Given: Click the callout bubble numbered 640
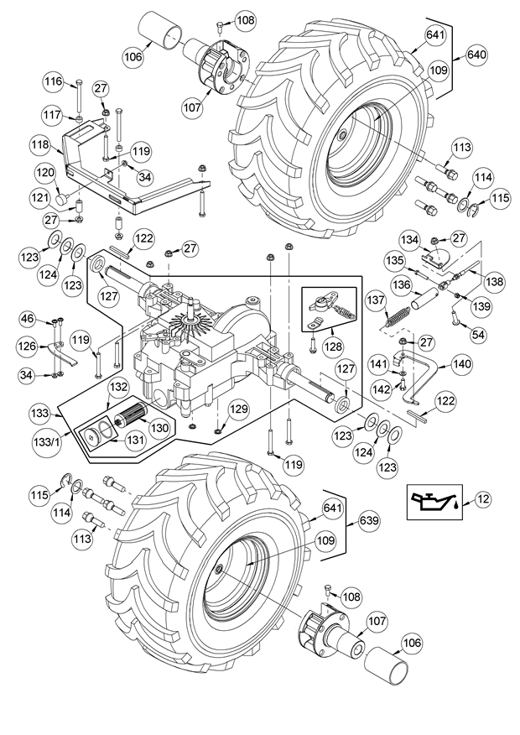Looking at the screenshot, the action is [x=476, y=55].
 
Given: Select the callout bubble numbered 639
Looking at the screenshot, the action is [x=369, y=521].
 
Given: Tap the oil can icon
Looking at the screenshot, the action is [x=434, y=502].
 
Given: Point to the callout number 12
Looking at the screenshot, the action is [x=483, y=499].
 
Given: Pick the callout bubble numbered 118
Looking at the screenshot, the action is [x=41, y=145].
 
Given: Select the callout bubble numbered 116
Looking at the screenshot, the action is [x=54, y=81].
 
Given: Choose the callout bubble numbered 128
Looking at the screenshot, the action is [x=333, y=347].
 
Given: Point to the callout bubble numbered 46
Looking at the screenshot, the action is [x=29, y=321].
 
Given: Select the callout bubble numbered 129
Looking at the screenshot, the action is [x=240, y=409].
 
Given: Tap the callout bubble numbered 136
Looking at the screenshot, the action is [x=403, y=284].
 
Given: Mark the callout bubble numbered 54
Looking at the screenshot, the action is [x=478, y=334].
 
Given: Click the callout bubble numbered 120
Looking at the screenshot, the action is [x=46, y=173].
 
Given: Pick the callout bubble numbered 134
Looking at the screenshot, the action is [x=410, y=239].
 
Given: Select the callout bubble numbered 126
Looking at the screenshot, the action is [x=28, y=347].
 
